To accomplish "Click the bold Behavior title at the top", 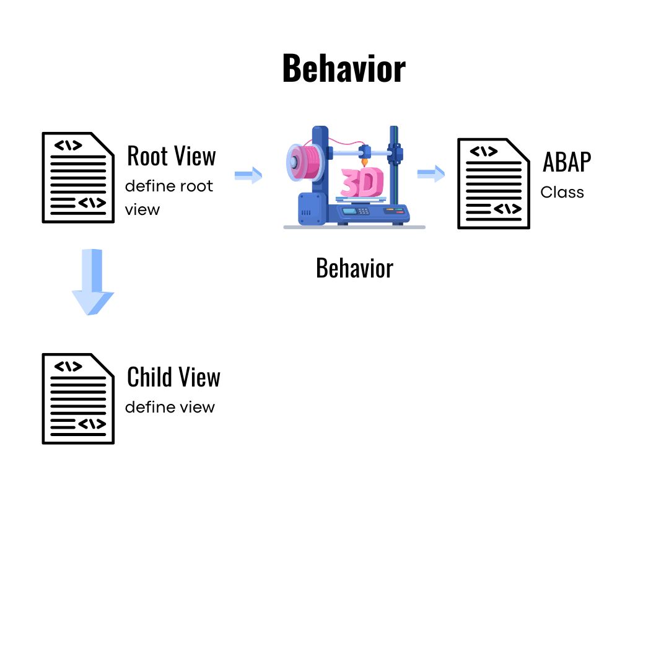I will [344, 69].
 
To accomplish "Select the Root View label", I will [171, 156].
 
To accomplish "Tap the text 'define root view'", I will [168, 198].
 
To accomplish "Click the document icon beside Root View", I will [78, 177].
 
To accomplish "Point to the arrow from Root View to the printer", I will [248, 175].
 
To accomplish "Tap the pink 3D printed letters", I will [363, 183].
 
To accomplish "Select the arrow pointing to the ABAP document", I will [431, 173].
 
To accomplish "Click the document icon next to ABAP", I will [494, 183].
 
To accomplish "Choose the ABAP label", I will [567, 162].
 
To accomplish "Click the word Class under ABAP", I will [562, 193].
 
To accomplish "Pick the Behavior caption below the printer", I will [354, 268].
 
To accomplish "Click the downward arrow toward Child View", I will [93, 282].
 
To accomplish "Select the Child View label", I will [173, 377].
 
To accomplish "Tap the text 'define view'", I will [170, 407].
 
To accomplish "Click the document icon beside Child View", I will [78, 398].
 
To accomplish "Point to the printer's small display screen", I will [350, 211].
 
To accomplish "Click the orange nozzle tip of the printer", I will [365, 162].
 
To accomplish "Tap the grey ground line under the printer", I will [354, 227].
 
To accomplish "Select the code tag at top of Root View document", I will [68, 146].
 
